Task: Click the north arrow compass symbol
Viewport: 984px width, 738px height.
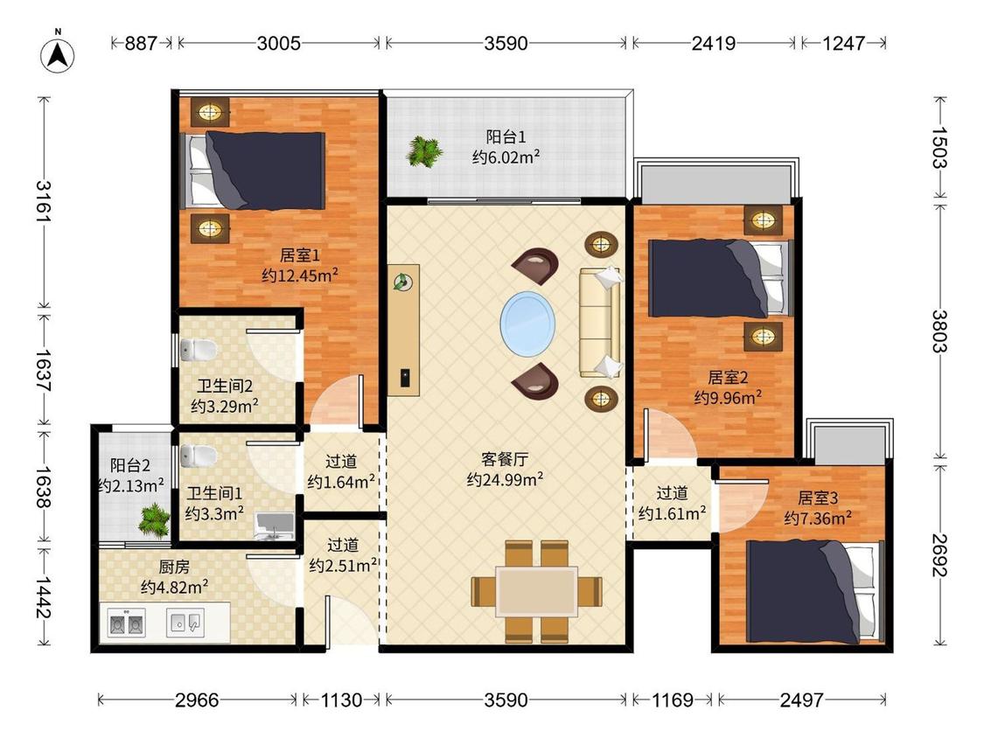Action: coord(58,54)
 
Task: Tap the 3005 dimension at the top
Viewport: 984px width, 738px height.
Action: coord(279,44)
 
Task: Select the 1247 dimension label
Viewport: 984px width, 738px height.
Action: coord(843,44)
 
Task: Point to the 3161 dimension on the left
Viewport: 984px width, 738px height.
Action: coord(44,201)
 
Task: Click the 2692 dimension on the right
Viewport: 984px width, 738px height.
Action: coord(939,555)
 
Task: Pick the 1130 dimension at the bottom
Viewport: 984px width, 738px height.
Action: coord(341,700)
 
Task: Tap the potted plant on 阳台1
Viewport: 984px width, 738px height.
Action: coord(425,151)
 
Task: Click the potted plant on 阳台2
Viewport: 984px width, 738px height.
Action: coord(154,520)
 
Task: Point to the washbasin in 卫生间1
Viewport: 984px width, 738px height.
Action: coord(275,526)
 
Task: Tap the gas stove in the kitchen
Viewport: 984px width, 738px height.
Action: coord(126,623)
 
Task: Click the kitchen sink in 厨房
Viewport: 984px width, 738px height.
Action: coord(185,623)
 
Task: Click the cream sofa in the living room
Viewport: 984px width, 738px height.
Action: coord(601,323)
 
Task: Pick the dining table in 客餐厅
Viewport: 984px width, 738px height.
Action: coord(536,592)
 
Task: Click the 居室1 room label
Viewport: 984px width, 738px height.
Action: coord(300,255)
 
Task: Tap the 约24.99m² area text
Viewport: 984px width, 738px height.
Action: coord(506,480)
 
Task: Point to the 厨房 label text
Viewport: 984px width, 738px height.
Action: coord(174,567)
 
